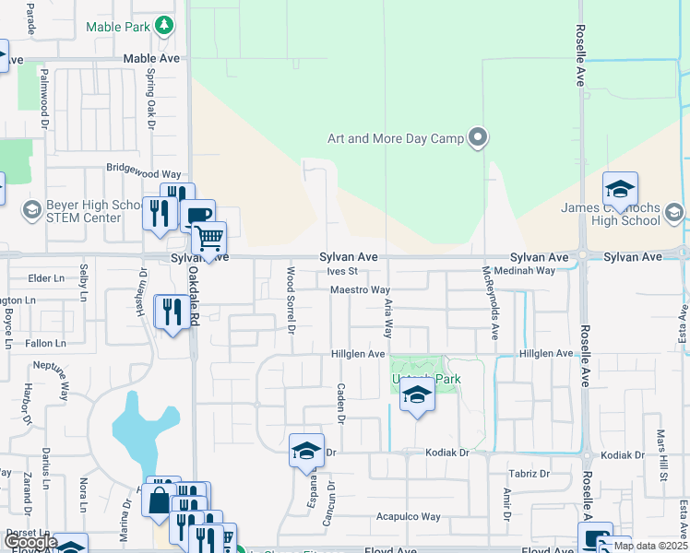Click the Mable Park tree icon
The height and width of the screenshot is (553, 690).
coord(164,25)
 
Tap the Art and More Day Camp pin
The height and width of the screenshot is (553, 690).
coord(478,138)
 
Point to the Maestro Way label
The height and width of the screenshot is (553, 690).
coord(361,290)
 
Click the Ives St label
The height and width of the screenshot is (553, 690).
coord(341,271)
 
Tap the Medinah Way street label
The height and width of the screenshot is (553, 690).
coord(524,271)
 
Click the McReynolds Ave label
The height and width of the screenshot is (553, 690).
coord(494,300)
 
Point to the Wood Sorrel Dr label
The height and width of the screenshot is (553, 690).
coord(291,299)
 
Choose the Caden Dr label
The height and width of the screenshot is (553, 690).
coord(340,404)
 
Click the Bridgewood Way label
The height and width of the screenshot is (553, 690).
coord(143,172)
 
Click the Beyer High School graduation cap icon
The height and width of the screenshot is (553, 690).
coord(32,210)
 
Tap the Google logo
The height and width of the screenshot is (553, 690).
coord(30,542)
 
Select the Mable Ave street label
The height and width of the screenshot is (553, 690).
coord(152,57)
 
